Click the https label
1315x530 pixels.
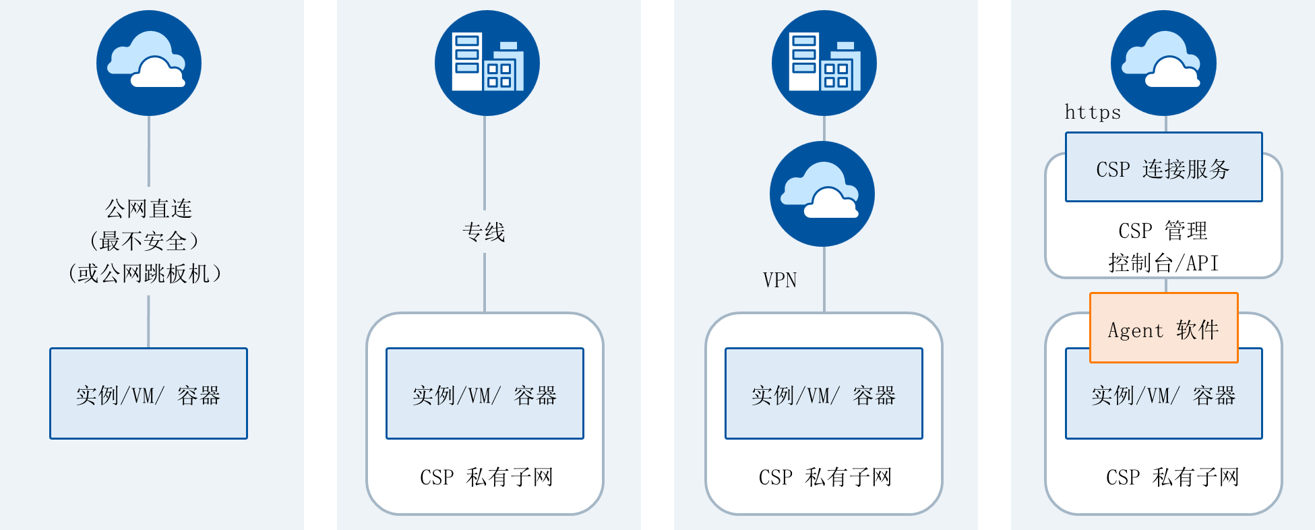[1093, 112]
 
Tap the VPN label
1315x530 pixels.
[780, 280]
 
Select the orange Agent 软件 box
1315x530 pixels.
[1164, 328]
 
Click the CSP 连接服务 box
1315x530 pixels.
[1164, 167]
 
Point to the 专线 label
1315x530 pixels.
[484, 233]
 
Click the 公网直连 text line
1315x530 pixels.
[149, 209]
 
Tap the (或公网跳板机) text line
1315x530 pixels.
[144, 273]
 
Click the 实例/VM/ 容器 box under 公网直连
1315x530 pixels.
[148, 394]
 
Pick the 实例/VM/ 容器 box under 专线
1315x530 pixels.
[485, 394]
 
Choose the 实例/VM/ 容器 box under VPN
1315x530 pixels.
[824, 394]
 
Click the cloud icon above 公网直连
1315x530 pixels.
[149, 63]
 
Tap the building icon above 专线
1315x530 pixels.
[487, 63]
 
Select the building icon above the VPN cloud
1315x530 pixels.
[824, 63]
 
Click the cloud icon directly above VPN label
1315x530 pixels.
[822, 194]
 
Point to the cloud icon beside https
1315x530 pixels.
[1164, 63]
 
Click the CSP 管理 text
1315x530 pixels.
[1163, 231]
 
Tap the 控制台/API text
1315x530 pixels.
[1164, 262]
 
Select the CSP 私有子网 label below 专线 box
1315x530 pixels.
[487, 477]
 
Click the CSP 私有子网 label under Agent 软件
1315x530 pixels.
[1173, 477]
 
